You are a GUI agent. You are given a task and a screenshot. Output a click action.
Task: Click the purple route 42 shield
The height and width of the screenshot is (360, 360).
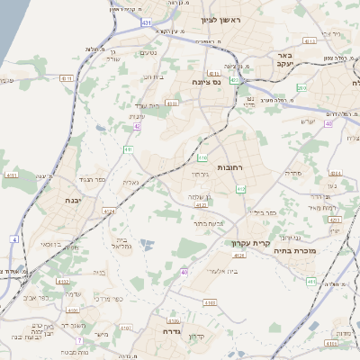[137, 127]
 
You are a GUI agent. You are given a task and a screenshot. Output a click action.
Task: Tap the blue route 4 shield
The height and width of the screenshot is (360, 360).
[14, 239]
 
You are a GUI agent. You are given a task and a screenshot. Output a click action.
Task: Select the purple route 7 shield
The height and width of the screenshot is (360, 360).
[79, 340]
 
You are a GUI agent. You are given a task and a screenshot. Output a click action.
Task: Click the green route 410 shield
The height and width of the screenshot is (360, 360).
[240, 189]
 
